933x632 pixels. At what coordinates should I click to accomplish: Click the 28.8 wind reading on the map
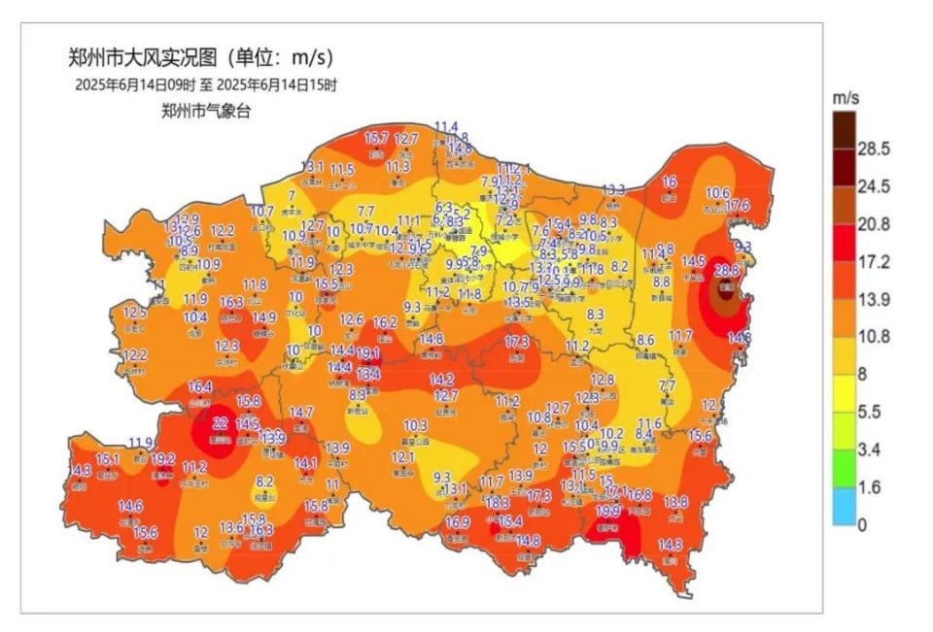point(727,270)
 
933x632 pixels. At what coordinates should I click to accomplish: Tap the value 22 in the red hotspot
point(220,422)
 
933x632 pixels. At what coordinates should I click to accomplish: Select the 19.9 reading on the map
point(608,511)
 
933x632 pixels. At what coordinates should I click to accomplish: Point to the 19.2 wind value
point(163,459)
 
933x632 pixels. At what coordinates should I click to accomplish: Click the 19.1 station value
point(367,353)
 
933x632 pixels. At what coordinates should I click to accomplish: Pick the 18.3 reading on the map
point(498,503)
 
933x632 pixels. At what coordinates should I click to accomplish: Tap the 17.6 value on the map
point(738,205)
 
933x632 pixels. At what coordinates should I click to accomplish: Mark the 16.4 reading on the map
point(200,386)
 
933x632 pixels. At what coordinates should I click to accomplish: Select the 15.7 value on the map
point(376,139)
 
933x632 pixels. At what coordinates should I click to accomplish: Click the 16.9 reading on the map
point(458,522)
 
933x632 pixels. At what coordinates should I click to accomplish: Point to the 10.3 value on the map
point(416,425)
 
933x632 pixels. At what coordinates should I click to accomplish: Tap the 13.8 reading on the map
point(676,502)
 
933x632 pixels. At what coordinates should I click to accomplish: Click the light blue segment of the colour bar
point(845,506)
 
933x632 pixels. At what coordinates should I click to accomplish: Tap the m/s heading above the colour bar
point(846,99)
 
